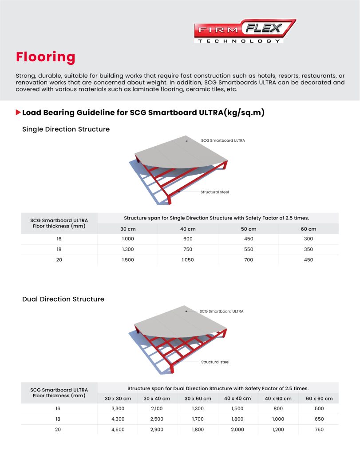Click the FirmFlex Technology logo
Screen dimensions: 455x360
[x=245, y=31]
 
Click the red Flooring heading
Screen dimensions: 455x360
[x=46, y=57]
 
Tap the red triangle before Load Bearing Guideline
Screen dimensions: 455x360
[x=18, y=112]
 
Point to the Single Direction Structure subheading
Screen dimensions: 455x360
[x=66, y=129]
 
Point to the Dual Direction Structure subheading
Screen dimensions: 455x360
[x=63, y=299]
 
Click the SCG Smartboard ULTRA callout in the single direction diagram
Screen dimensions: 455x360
[x=223, y=140]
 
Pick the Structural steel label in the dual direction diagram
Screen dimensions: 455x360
[x=215, y=362]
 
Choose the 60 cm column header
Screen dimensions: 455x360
[x=308, y=229]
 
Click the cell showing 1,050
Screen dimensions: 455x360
[x=188, y=260]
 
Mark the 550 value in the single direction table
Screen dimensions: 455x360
[x=248, y=249]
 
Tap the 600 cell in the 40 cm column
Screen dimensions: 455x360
[x=188, y=239]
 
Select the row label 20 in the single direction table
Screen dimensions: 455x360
[x=59, y=260]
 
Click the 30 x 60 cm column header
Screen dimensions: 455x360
[x=198, y=399]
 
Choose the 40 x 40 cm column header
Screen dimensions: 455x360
[x=237, y=399]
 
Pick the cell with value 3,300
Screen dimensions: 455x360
[x=117, y=409]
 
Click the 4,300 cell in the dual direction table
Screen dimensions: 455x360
[x=117, y=419]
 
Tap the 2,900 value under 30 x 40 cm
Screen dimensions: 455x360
[x=157, y=430]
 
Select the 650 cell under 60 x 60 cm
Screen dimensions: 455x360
[x=318, y=419]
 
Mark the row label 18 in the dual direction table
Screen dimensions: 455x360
[x=58, y=419]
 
